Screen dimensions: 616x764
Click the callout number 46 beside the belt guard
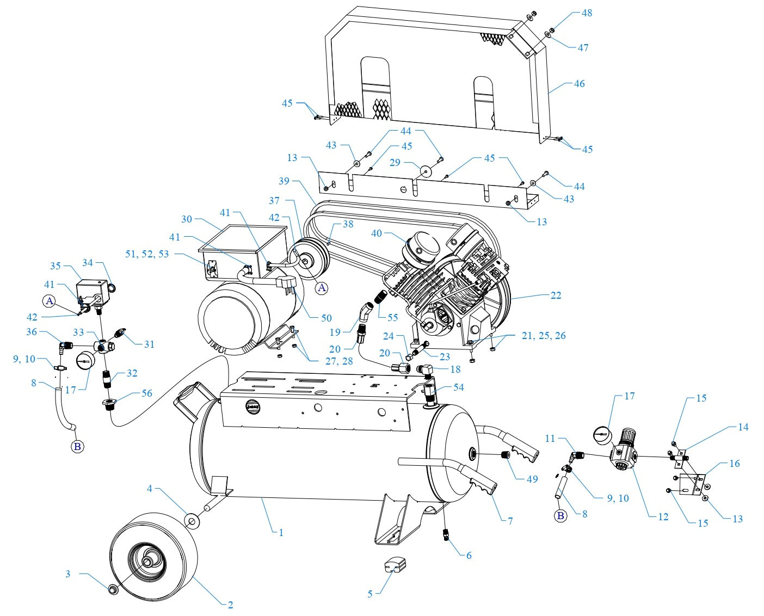click(x=579, y=84)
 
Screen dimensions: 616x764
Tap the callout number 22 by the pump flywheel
click(x=556, y=295)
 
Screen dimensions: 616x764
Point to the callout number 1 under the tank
click(x=281, y=533)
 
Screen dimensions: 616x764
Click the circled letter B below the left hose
click(x=77, y=447)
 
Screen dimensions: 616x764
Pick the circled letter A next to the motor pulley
click(x=322, y=288)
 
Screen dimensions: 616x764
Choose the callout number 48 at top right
click(x=587, y=13)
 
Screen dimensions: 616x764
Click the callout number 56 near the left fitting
click(x=147, y=393)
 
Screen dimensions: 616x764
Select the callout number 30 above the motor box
click(x=187, y=219)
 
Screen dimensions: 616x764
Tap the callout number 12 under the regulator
click(x=663, y=517)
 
